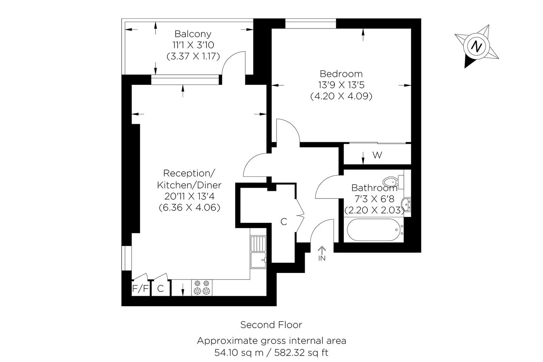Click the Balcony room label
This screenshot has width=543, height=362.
[193, 34]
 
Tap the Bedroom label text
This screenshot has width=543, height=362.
[341, 74]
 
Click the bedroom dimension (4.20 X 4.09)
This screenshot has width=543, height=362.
[341, 97]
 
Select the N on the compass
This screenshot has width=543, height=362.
[476, 46]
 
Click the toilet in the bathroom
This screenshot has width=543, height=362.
[393, 182]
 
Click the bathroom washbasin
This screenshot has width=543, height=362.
[407, 204]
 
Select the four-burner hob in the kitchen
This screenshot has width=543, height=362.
[202, 288]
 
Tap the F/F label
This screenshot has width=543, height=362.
[140, 289]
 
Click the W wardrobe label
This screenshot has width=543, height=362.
[377, 155]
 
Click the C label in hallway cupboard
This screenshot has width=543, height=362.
[284, 222]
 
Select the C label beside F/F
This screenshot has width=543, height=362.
[160, 289]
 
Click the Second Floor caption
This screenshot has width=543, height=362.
[271, 325]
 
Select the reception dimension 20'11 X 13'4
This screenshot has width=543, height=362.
[189, 196]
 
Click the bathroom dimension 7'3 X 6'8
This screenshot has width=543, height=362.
[374, 199]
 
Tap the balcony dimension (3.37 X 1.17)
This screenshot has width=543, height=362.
[193, 56]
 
